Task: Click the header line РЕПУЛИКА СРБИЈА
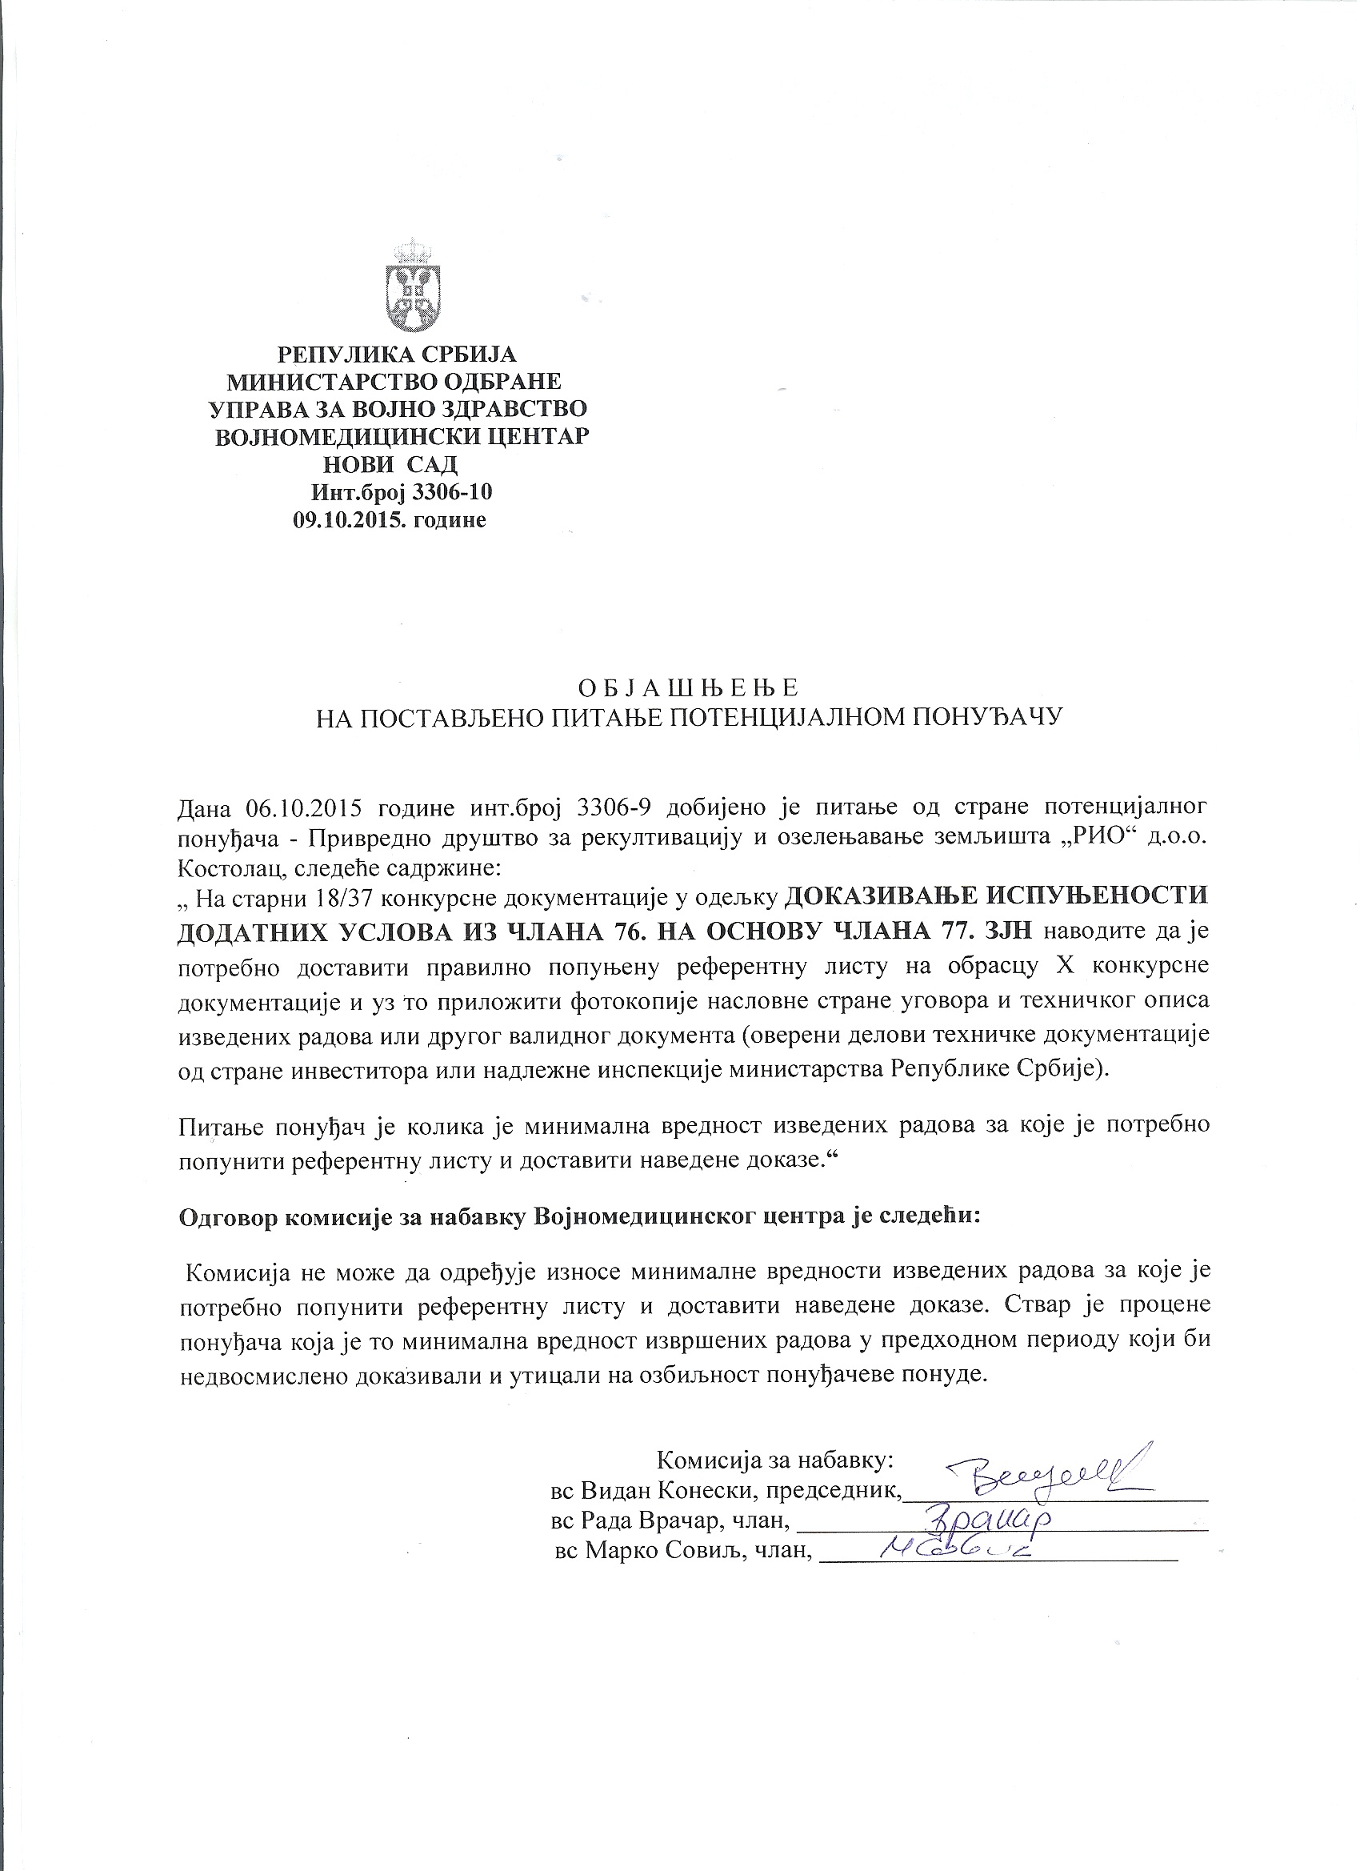point(397,355)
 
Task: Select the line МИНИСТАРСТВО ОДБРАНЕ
point(394,382)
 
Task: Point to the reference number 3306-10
point(451,492)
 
